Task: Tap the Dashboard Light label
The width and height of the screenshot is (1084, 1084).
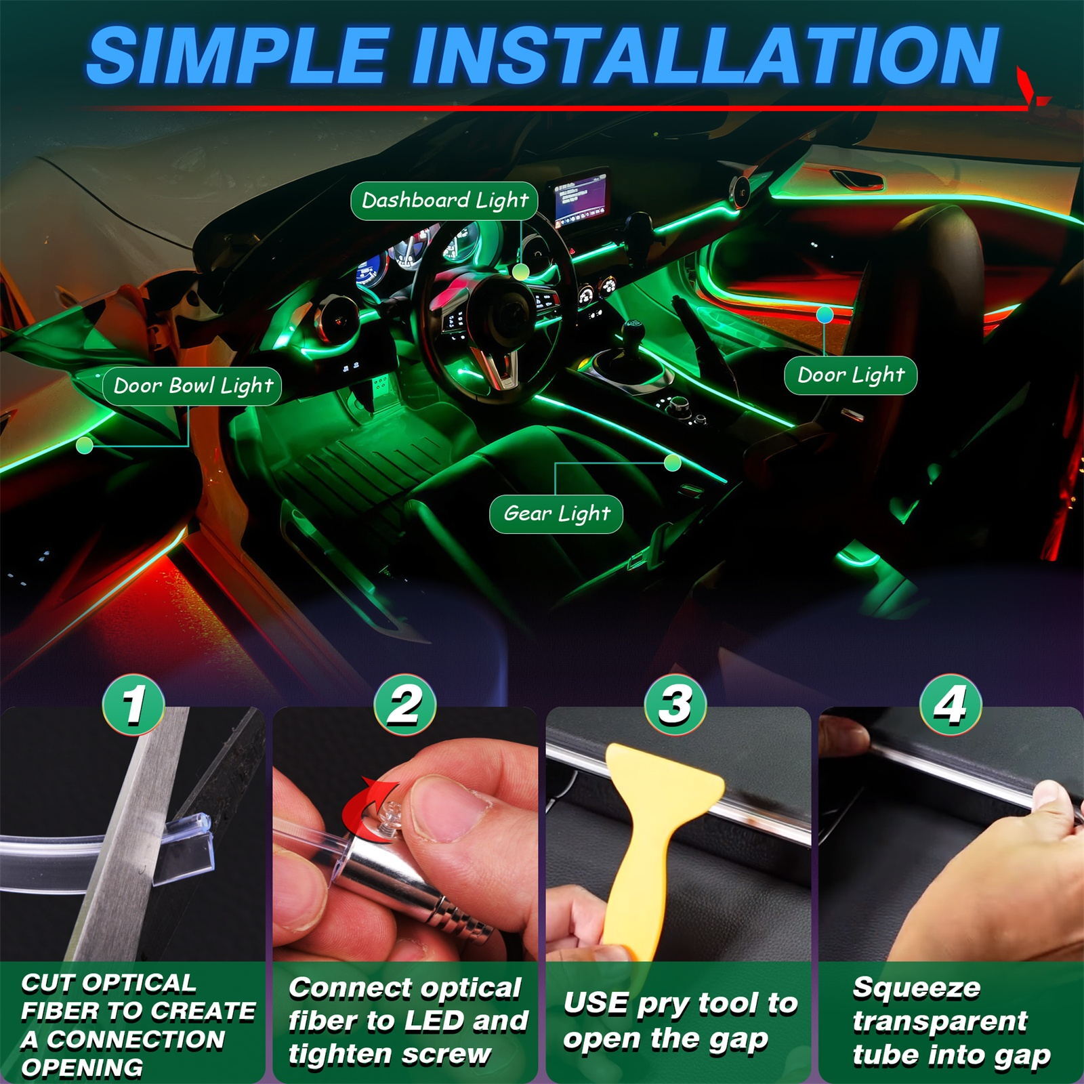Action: point(444,201)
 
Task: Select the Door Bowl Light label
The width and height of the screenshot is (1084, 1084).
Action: point(192,386)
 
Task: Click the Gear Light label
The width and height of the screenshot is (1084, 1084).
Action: point(556,514)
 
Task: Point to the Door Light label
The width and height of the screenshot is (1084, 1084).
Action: point(850,375)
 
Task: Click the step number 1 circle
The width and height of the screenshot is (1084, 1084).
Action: point(134,705)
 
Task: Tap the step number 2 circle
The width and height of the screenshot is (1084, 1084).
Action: point(405,705)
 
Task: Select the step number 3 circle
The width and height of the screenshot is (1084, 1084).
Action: point(676,705)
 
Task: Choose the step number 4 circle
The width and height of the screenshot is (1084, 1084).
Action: point(950,705)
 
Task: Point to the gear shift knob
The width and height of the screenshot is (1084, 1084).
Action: point(633,333)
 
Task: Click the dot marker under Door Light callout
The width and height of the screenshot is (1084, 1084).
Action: point(825,314)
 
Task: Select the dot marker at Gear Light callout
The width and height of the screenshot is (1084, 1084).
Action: point(672,463)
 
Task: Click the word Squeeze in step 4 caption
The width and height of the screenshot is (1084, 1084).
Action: point(916,988)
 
